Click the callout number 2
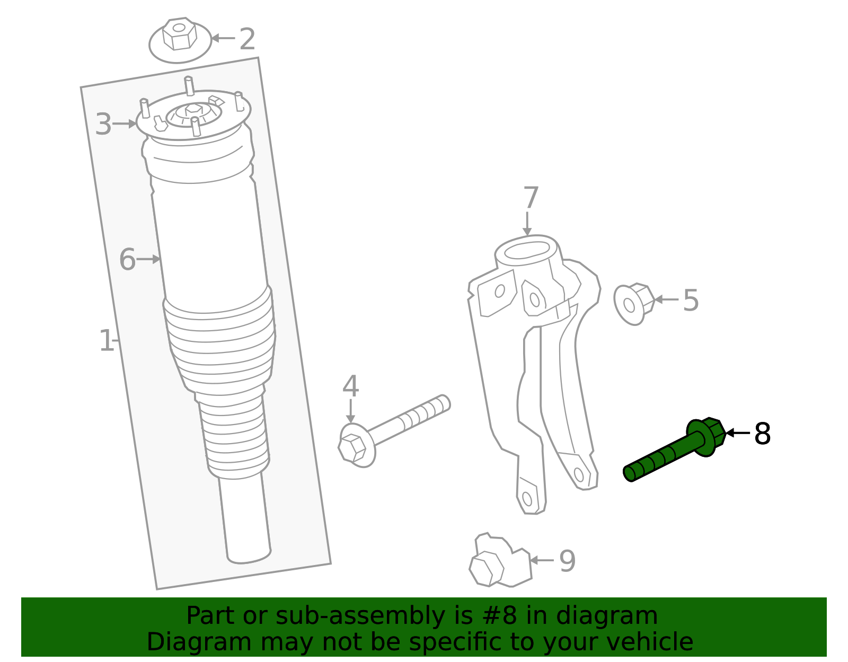248,39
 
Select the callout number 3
103,125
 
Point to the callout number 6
127,260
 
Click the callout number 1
106,341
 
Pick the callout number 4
350,386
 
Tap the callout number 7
531,198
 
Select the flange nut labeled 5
633,304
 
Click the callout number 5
691,301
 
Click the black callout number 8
762,434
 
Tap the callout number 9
567,561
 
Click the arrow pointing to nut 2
223,38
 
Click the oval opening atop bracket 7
526,250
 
